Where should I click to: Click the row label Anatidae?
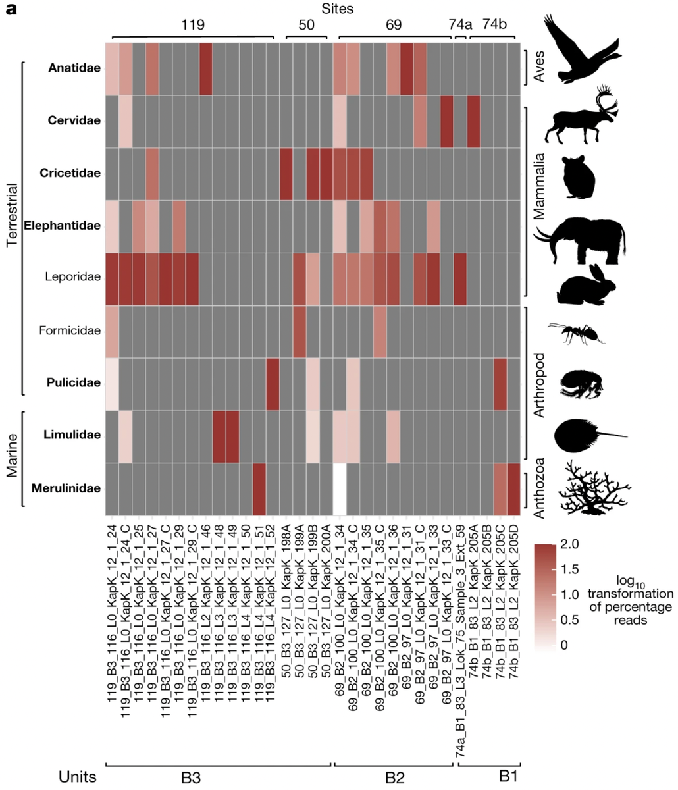(x=74, y=68)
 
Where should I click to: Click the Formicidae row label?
(x=72, y=330)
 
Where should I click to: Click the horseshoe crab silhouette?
(x=586, y=435)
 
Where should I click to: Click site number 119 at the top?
(x=192, y=26)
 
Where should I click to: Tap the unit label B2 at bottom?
(x=394, y=777)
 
